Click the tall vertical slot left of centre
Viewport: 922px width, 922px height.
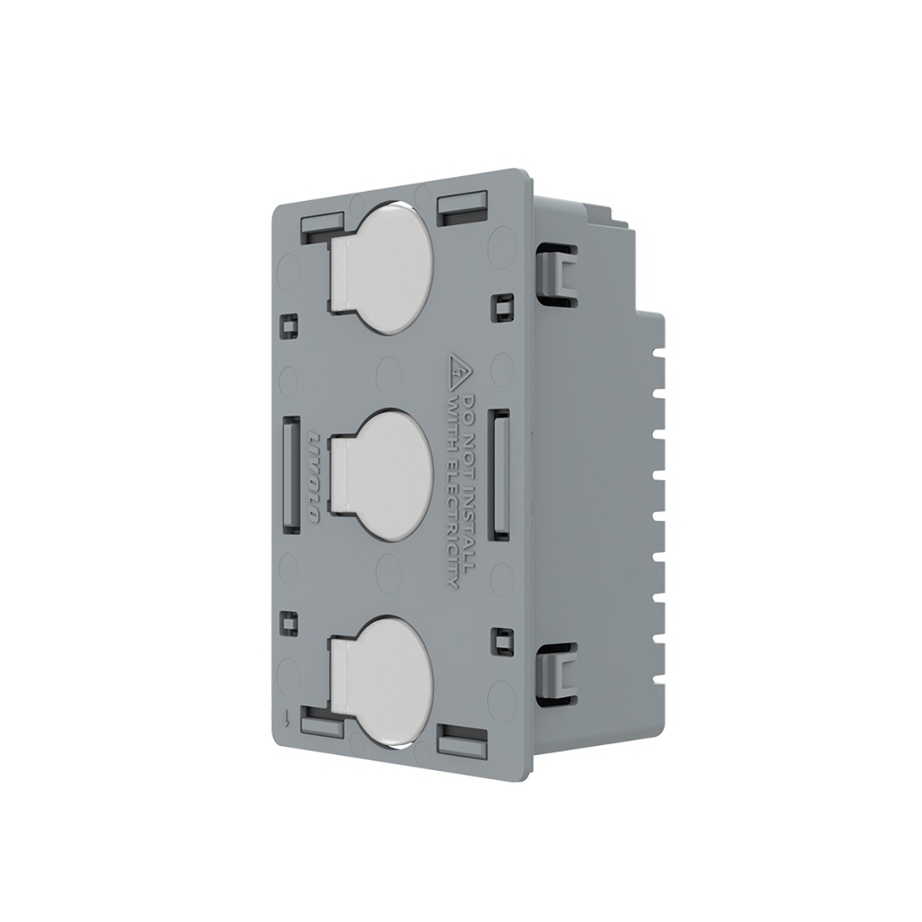click(x=292, y=473)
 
